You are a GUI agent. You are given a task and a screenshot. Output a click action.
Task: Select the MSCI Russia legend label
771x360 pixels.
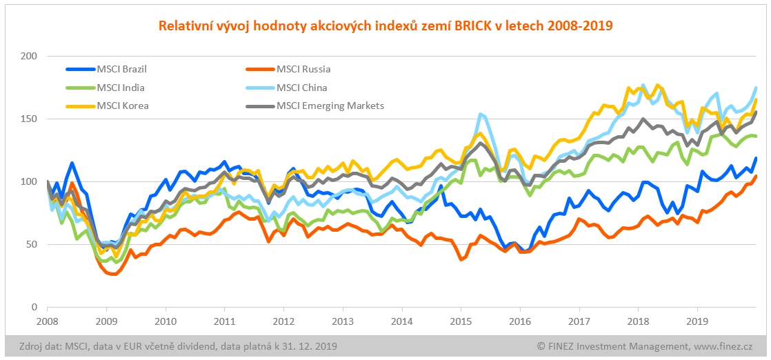pos(303,69)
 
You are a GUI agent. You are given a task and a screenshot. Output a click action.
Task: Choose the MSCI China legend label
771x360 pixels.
pos(301,88)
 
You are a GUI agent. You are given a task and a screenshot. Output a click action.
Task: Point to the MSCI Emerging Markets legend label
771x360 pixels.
pos(330,106)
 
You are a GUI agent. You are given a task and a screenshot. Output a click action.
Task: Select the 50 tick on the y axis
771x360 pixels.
pos(30,244)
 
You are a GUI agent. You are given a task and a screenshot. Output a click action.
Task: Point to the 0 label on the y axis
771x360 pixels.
pos(33,307)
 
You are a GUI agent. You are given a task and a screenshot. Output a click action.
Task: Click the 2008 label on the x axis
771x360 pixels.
pos(47,321)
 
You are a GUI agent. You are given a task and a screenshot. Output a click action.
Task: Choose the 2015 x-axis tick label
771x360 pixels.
pos(461,321)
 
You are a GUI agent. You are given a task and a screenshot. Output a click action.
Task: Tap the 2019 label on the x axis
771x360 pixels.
pos(698,321)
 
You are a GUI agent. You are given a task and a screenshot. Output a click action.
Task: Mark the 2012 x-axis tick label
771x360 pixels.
pos(283,321)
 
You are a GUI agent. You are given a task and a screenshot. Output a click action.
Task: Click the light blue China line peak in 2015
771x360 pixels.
pos(480,114)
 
